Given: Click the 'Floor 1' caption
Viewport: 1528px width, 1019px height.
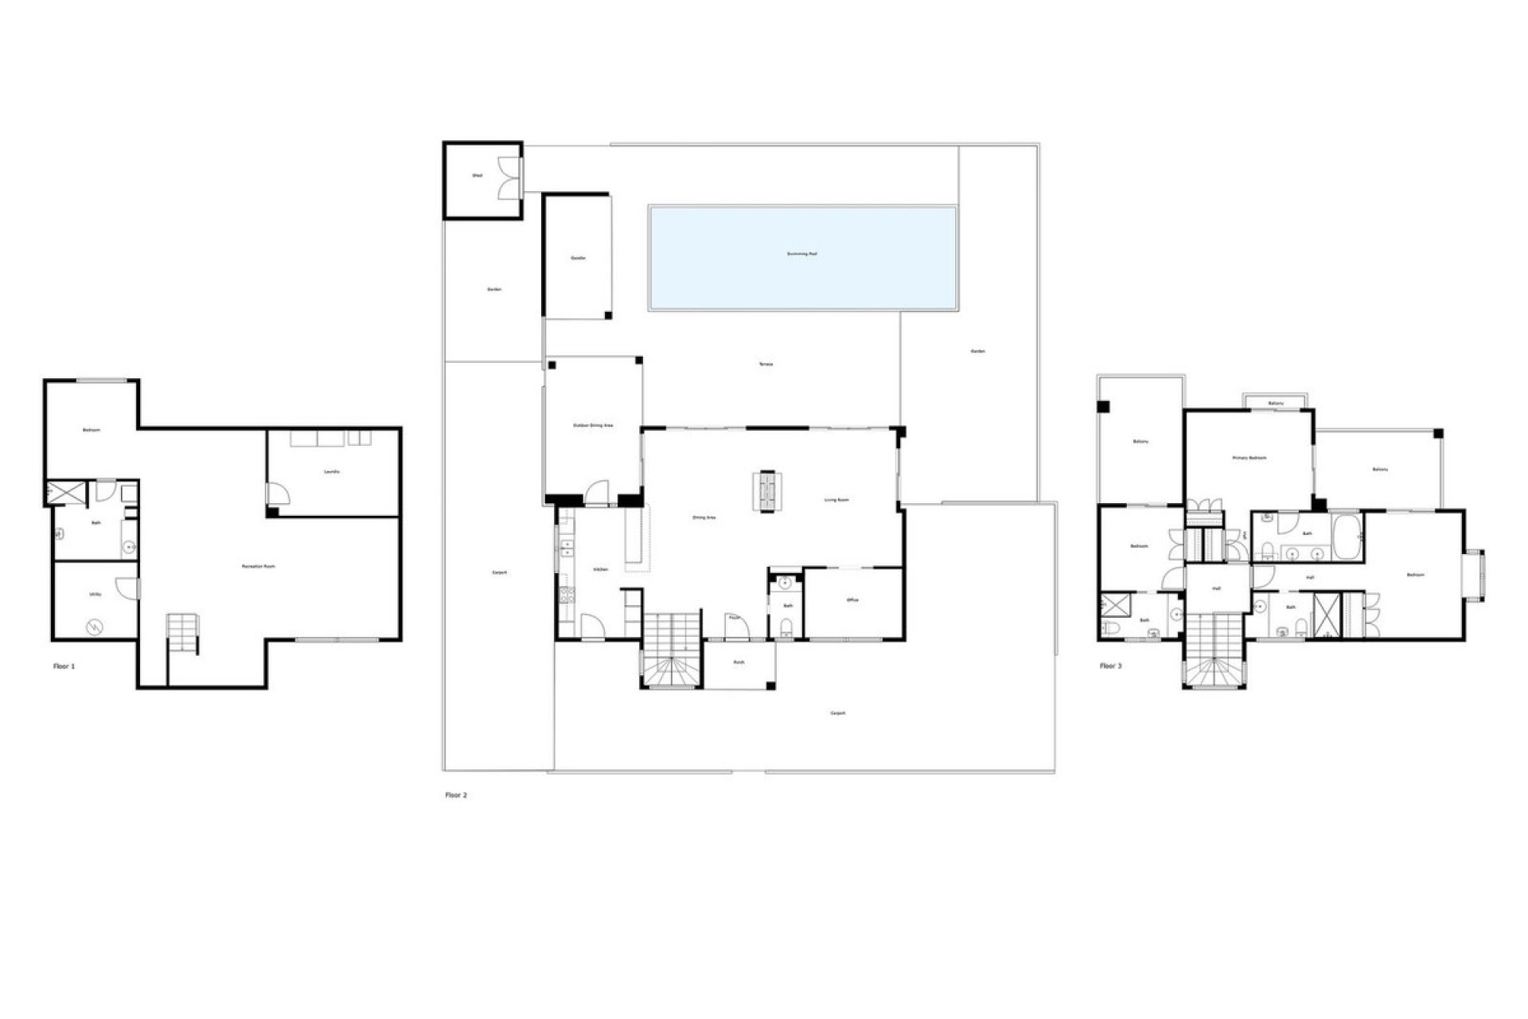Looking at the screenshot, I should pos(64,666).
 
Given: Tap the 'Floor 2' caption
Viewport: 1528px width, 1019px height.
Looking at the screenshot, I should pos(456,795).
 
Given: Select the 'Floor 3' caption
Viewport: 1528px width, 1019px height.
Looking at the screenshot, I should pos(1110,666).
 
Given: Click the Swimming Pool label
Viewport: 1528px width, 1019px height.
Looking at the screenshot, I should pos(801,254).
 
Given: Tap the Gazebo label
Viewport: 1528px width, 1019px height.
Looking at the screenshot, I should pos(579,259).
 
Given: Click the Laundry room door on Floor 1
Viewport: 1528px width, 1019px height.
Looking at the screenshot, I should pos(278,494).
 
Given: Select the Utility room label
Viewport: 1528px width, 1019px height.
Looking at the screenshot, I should pos(95,594).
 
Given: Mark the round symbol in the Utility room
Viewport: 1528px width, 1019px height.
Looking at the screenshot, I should pos(94,627).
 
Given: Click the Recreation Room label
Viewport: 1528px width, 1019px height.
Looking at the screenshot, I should pos(259,566).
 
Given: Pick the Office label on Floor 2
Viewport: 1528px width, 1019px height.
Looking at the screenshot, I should pos(852,600).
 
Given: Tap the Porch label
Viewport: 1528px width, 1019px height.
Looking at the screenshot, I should pos(739,662).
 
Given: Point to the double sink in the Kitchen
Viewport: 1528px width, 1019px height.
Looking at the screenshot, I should pos(567,548).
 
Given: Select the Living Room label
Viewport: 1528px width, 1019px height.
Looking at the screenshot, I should pos(836,500).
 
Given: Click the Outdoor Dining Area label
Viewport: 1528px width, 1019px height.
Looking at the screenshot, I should pos(593,425).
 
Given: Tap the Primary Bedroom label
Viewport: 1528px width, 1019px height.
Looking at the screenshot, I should pos(1249,458).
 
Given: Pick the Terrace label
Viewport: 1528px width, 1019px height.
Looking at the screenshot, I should pos(766,364).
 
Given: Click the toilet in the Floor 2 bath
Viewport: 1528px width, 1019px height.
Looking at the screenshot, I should pos(786,631).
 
